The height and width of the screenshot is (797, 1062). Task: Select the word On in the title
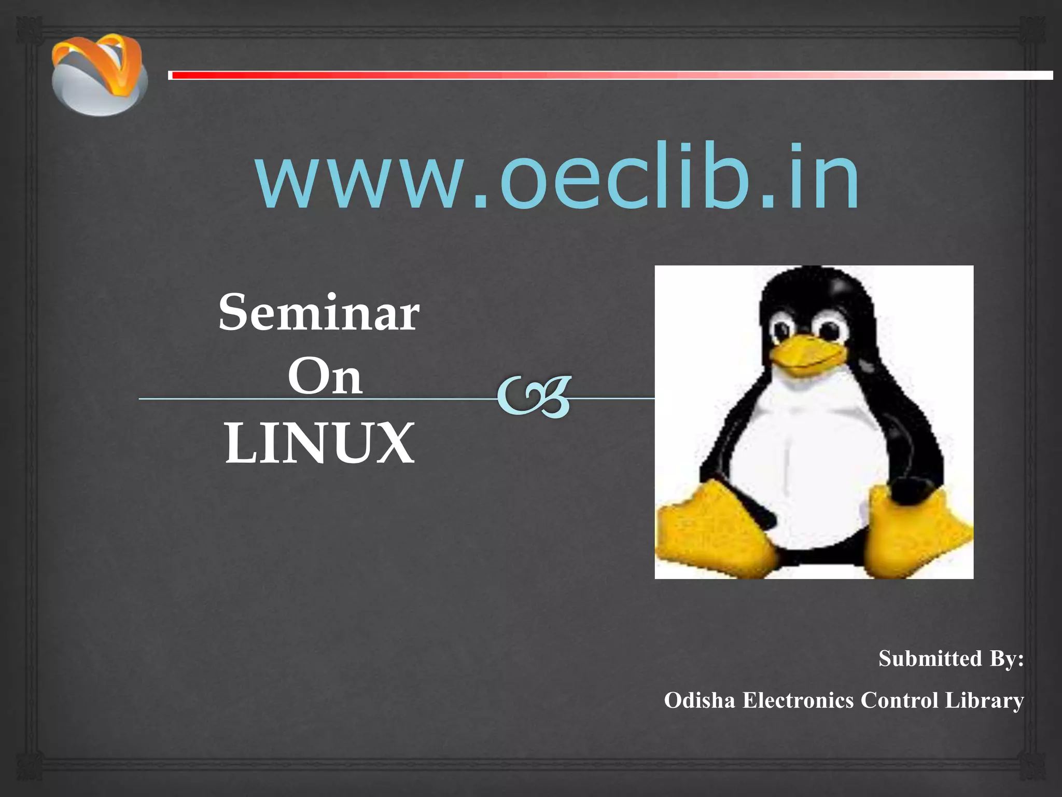[325, 377]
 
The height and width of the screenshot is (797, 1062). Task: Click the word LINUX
[319, 443]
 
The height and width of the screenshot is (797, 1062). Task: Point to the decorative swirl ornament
[534, 397]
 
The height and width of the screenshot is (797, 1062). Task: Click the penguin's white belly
[809, 467]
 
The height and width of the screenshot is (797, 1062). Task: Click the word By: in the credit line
[1007, 659]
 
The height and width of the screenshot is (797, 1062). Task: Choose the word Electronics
[798, 700]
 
